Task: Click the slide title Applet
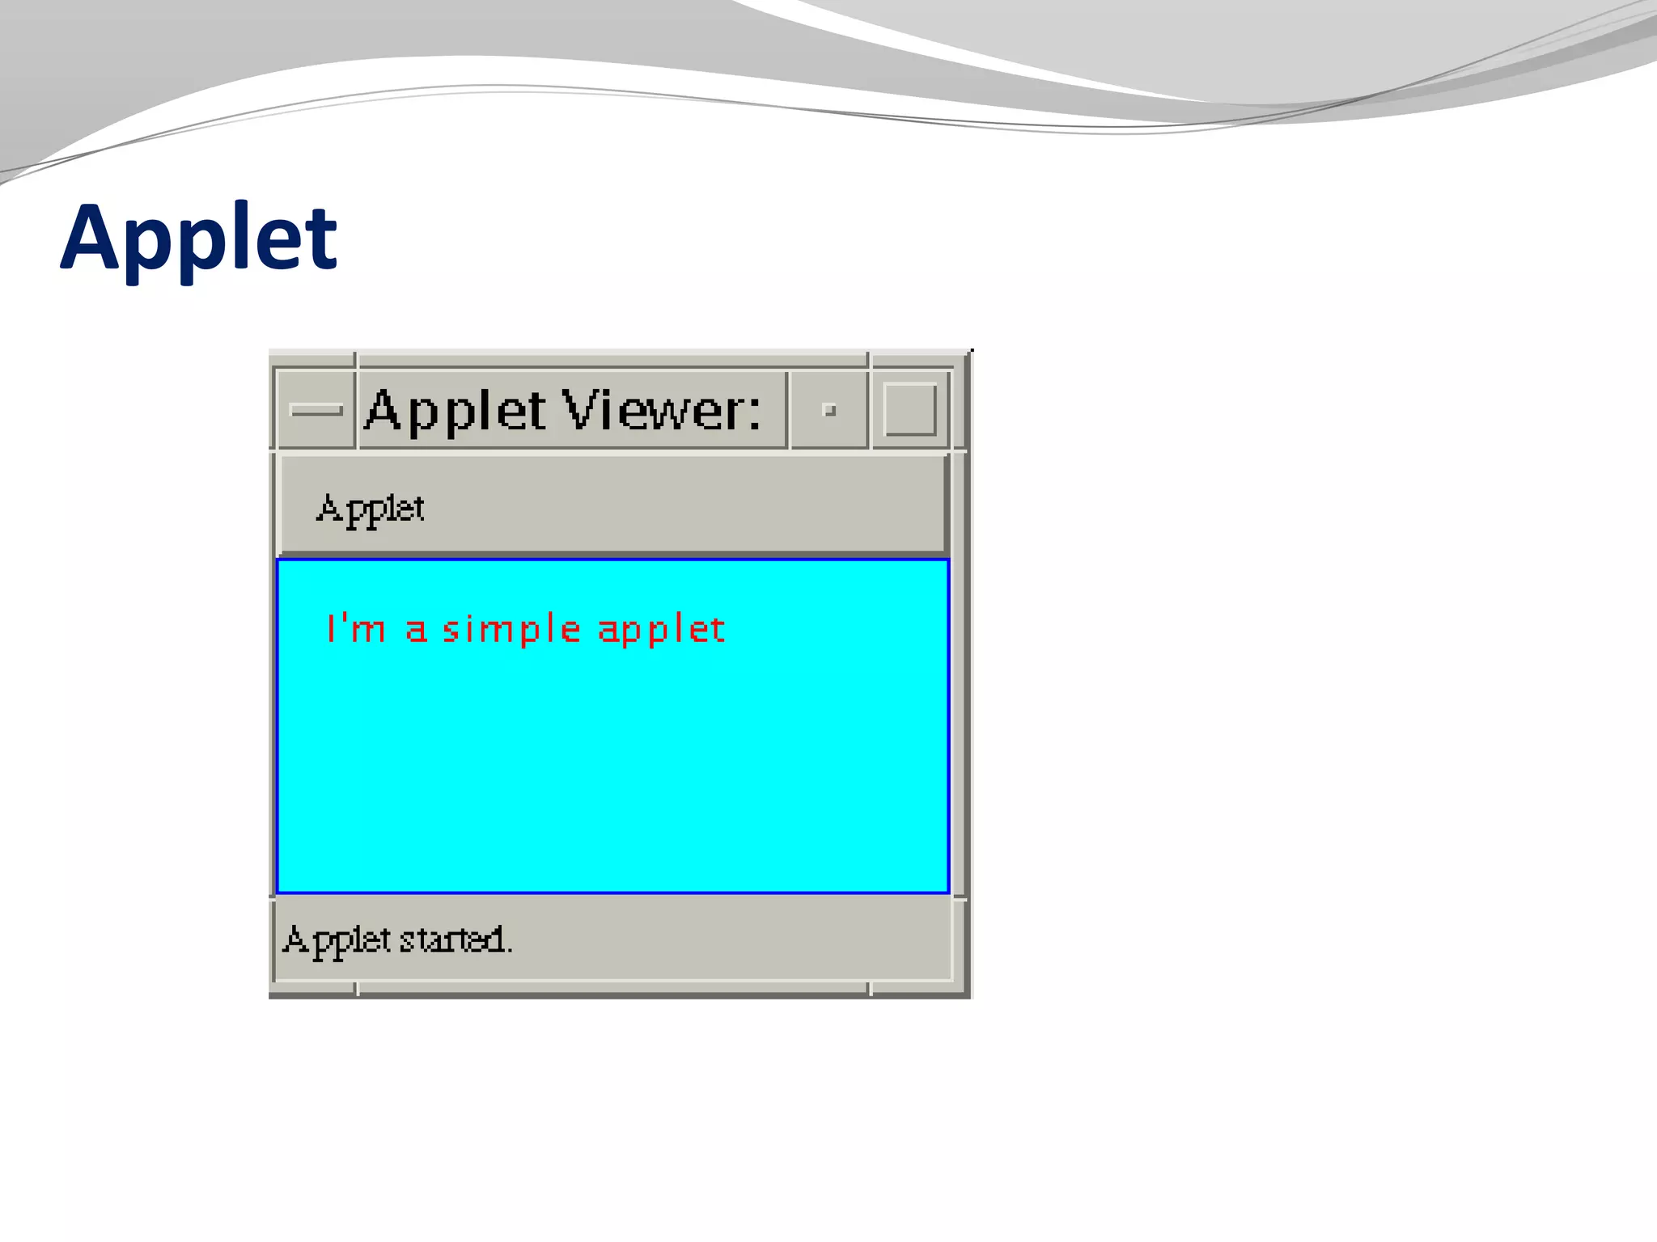pos(198,239)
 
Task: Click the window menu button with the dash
pos(316,410)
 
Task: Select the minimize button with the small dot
pos(828,410)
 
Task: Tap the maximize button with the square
pos(910,410)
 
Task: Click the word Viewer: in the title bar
pos(661,411)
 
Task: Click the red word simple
pos(511,630)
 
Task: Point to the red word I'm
pos(355,628)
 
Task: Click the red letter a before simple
pos(416,631)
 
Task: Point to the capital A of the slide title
pos(92,239)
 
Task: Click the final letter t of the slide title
pos(324,239)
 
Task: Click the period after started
pos(509,951)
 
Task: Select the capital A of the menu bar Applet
pos(329,509)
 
